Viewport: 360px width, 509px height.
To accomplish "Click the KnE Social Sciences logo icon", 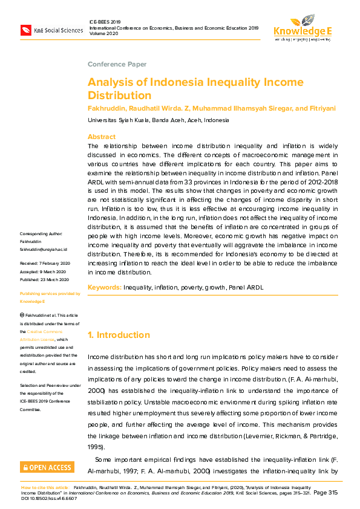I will (26, 30).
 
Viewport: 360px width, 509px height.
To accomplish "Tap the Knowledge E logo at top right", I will (302, 26).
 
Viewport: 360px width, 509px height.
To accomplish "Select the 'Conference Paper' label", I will (117, 64).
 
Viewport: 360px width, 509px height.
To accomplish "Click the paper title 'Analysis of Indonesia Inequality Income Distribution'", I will (195, 88).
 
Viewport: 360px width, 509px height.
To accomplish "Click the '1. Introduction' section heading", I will (119, 335).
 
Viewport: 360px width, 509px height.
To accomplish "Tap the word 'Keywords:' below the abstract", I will (105, 288).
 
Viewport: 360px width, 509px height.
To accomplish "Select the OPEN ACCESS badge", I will (47, 467).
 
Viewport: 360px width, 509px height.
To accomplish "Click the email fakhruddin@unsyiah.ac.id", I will (44, 249).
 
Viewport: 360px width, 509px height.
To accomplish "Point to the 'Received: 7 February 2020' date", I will (45, 264).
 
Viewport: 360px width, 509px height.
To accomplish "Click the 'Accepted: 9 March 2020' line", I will (43, 271).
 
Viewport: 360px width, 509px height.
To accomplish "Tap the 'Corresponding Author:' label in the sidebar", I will (41, 234).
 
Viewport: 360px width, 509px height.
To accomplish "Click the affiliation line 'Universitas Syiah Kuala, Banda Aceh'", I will (159, 120).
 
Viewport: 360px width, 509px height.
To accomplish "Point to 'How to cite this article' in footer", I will (44, 487).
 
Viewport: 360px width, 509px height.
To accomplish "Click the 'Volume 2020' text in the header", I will (104, 34).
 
